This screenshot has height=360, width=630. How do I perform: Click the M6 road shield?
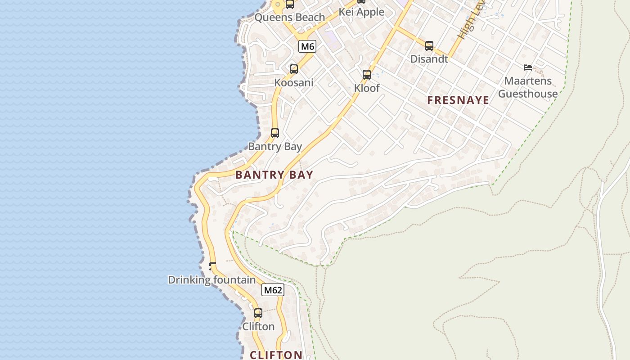tap(307, 46)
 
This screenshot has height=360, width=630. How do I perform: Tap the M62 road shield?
tap(273, 290)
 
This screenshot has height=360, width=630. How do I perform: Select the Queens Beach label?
tap(289, 18)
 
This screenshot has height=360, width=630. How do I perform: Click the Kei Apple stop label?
tap(361, 12)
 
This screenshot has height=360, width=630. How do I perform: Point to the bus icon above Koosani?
tap(294, 69)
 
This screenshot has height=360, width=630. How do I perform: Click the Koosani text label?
tap(294, 83)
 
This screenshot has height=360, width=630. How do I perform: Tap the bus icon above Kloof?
tap(367, 75)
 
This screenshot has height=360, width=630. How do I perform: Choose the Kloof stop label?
tap(367, 88)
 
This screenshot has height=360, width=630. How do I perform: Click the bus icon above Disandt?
tap(429, 46)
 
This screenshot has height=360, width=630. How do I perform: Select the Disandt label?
tap(429, 59)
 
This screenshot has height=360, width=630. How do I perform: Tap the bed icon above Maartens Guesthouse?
tap(528, 67)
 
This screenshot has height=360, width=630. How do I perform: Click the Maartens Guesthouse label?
tap(528, 87)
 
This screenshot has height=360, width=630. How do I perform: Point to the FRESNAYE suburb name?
tap(458, 100)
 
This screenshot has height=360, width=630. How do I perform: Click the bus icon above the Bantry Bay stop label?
tap(275, 133)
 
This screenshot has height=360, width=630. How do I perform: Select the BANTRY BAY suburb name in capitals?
tap(274, 175)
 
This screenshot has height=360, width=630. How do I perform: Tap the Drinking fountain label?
tap(211, 280)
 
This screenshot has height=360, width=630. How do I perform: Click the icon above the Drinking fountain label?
tap(212, 266)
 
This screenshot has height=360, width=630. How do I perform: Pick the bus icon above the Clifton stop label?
tap(258, 313)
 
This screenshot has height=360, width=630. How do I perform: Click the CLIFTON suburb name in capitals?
tap(276, 355)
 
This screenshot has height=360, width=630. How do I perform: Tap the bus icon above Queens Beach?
tap(290, 4)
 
